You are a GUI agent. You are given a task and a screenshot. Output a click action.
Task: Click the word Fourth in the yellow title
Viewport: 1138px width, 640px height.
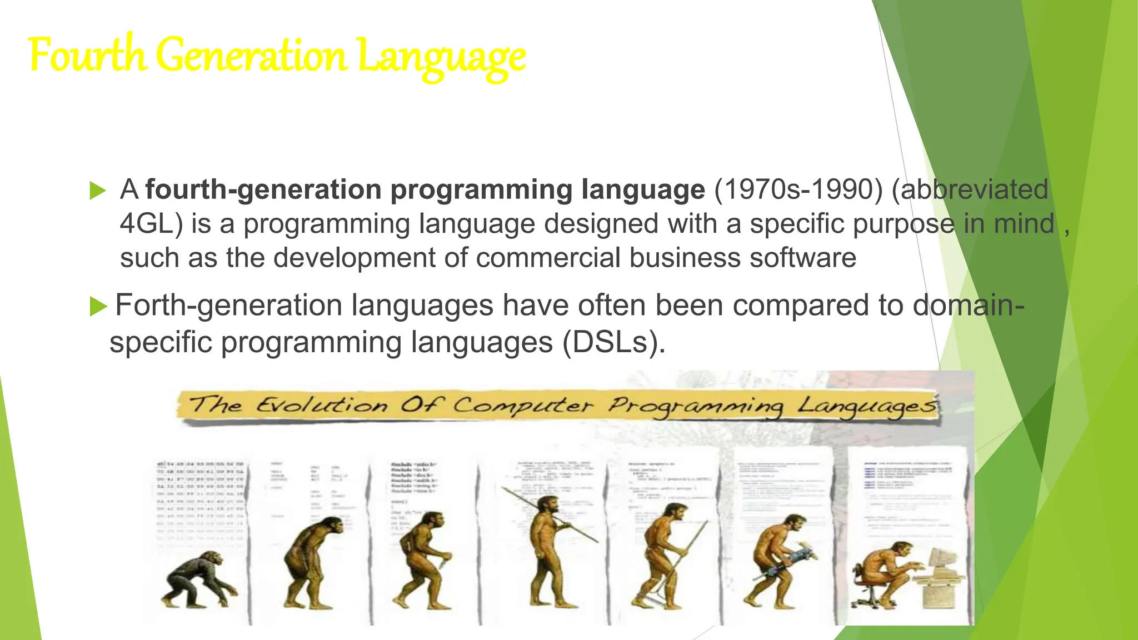click(x=87, y=56)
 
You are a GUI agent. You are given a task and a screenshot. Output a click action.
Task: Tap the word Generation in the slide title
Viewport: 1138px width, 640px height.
click(x=251, y=56)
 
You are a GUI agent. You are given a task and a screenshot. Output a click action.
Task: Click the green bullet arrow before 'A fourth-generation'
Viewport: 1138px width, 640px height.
click(x=97, y=191)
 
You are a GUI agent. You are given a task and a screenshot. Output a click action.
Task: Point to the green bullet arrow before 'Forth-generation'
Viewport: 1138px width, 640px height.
click(x=98, y=306)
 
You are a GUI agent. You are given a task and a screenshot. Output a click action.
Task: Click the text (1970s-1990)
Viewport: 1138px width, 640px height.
click(x=798, y=189)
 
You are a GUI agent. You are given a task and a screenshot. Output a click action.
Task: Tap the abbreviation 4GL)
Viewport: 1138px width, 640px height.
click(x=151, y=224)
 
